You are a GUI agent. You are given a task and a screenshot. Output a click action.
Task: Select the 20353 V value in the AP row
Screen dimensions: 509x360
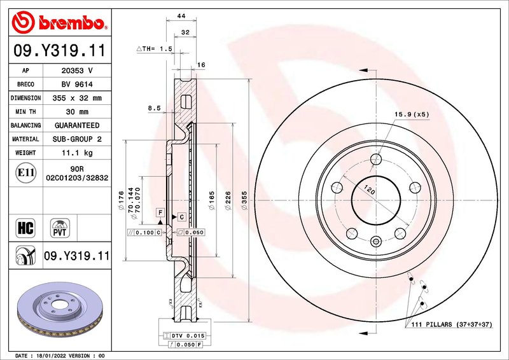pyautogui.click(x=77, y=71)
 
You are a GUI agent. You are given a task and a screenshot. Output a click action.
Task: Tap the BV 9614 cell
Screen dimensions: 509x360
pyautogui.click(x=77, y=85)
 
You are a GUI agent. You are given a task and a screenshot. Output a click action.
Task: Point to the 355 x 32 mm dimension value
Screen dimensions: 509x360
pyautogui.click(x=77, y=98)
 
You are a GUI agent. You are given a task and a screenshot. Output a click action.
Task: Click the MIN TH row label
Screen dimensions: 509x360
pyautogui.click(x=25, y=112)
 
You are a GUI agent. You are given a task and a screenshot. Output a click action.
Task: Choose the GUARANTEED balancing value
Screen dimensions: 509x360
pyautogui.click(x=77, y=125)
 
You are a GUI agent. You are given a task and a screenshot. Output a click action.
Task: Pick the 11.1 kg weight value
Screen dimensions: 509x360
pyautogui.click(x=77, y=153)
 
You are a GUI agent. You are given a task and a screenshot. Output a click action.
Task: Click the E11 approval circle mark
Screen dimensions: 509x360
pyautogui.click(x=25, y=173)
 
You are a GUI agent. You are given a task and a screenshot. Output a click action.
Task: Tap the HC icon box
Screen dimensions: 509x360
pyautogui.click(x=25, y=228)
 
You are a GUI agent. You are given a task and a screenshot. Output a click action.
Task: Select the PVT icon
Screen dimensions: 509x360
pyautogui.click(x=60, y=228)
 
